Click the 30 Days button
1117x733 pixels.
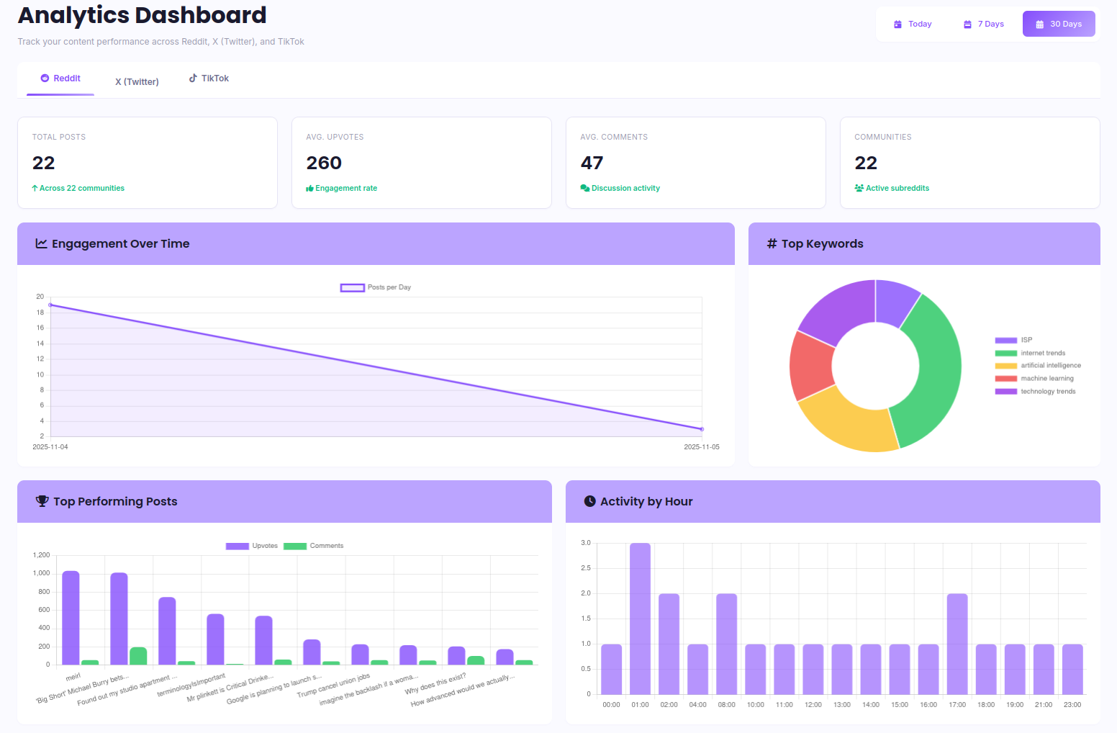point(1059,24)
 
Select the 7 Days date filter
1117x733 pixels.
point(984,24)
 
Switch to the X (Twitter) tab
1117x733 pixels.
point(137,81)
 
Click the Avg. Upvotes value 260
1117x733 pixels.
point(324,163)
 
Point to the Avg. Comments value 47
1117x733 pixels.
point(592,163)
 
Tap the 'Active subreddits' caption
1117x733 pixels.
point(897,188)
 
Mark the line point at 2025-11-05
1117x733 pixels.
point(702,429)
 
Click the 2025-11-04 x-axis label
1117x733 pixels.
point(50,447)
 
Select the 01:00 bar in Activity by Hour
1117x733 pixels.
point(640,619)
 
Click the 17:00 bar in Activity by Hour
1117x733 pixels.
point(957,644)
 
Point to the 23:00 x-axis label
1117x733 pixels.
point(1072,705)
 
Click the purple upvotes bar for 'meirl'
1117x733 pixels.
point(71,618)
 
